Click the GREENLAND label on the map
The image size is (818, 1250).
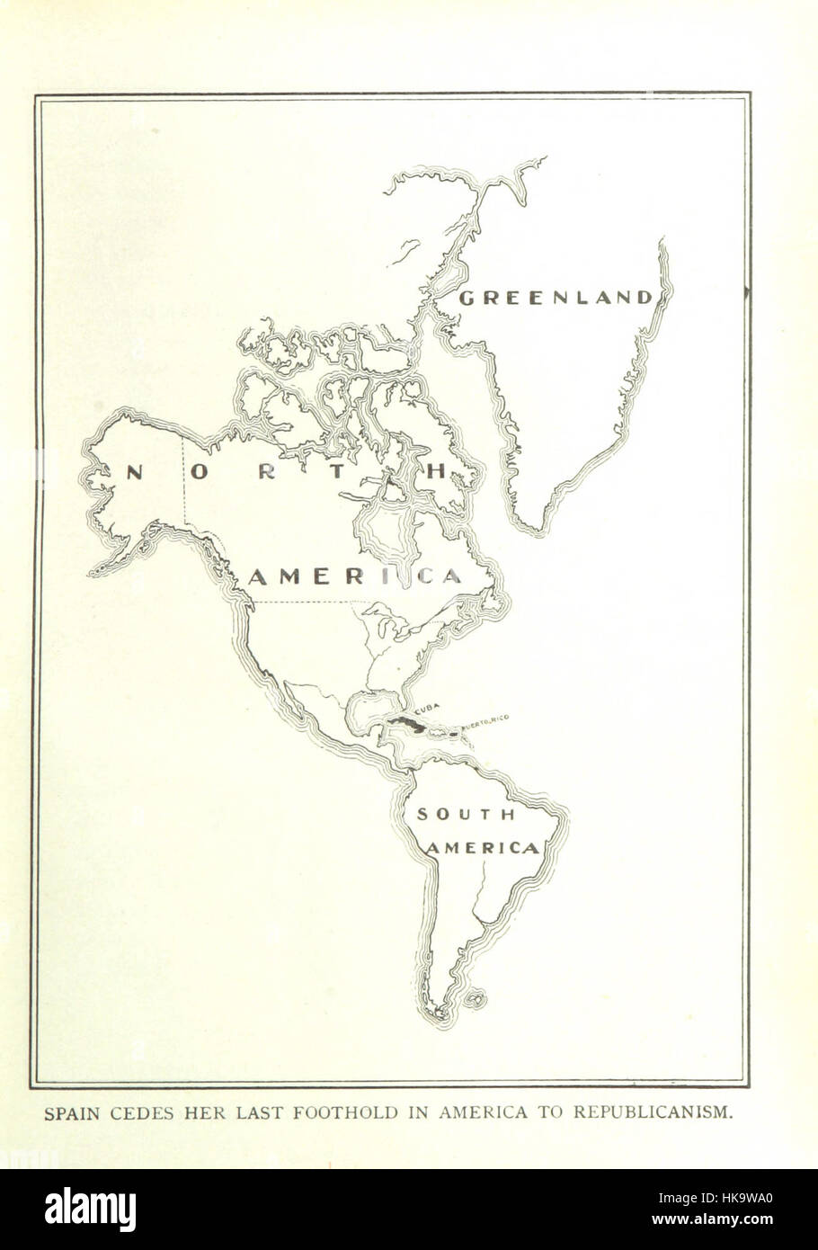555,298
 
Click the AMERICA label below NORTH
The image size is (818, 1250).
354,576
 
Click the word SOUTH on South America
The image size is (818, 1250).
464,815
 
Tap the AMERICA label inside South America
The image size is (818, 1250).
483,848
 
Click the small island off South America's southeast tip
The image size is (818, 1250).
478,998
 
